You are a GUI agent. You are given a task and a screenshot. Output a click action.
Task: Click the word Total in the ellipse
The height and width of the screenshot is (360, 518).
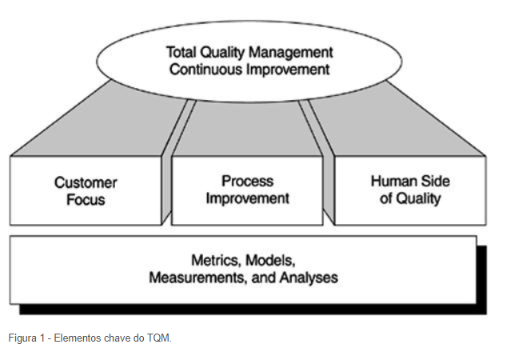(181, 52)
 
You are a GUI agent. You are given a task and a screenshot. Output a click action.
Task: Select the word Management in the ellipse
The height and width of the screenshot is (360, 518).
(292, 52)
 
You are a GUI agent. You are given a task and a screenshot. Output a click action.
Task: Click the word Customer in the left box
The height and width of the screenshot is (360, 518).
(86, 183)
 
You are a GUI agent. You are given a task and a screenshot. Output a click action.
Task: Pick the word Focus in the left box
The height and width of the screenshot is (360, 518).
(86, 199)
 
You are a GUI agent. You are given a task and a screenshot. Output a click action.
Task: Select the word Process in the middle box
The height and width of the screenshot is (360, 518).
(248, 182)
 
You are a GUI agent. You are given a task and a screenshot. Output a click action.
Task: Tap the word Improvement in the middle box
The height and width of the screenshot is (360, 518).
(248, 198)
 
